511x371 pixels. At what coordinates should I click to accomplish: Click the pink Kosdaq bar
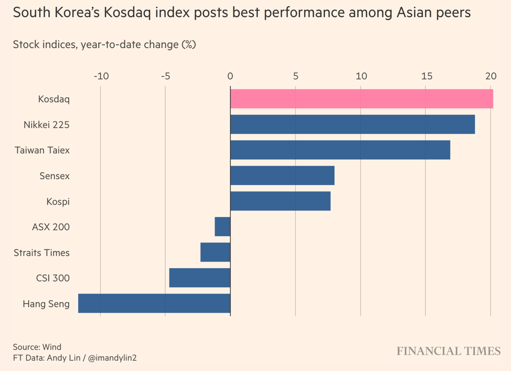(361, 99)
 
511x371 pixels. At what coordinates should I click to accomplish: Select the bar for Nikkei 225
(353, 125)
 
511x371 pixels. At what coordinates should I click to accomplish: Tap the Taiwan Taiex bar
(340, 150)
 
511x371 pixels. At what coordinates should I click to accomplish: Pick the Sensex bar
(282, 176)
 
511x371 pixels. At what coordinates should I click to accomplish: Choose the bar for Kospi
(280, 201)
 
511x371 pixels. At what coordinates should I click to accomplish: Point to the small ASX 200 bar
(222, 227)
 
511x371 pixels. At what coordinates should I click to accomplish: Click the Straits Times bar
(215, 252)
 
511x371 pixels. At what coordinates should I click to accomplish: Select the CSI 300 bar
(200, 278)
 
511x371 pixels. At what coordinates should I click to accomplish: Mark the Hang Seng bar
(154, 303)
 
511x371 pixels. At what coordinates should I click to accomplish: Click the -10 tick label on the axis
(100, 77)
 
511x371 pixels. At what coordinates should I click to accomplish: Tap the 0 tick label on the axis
(230, 77)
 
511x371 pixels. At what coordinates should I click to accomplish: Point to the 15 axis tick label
(426, 77)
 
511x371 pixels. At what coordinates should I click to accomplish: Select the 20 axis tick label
(491, 77)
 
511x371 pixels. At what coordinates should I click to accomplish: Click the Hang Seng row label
(46, 303)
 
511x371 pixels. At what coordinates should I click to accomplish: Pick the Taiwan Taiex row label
(42, 150)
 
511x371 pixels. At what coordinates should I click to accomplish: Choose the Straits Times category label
(41, 253)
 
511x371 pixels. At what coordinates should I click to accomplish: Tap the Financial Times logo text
(449, 351)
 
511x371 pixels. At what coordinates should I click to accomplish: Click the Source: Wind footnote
(37, 347)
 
